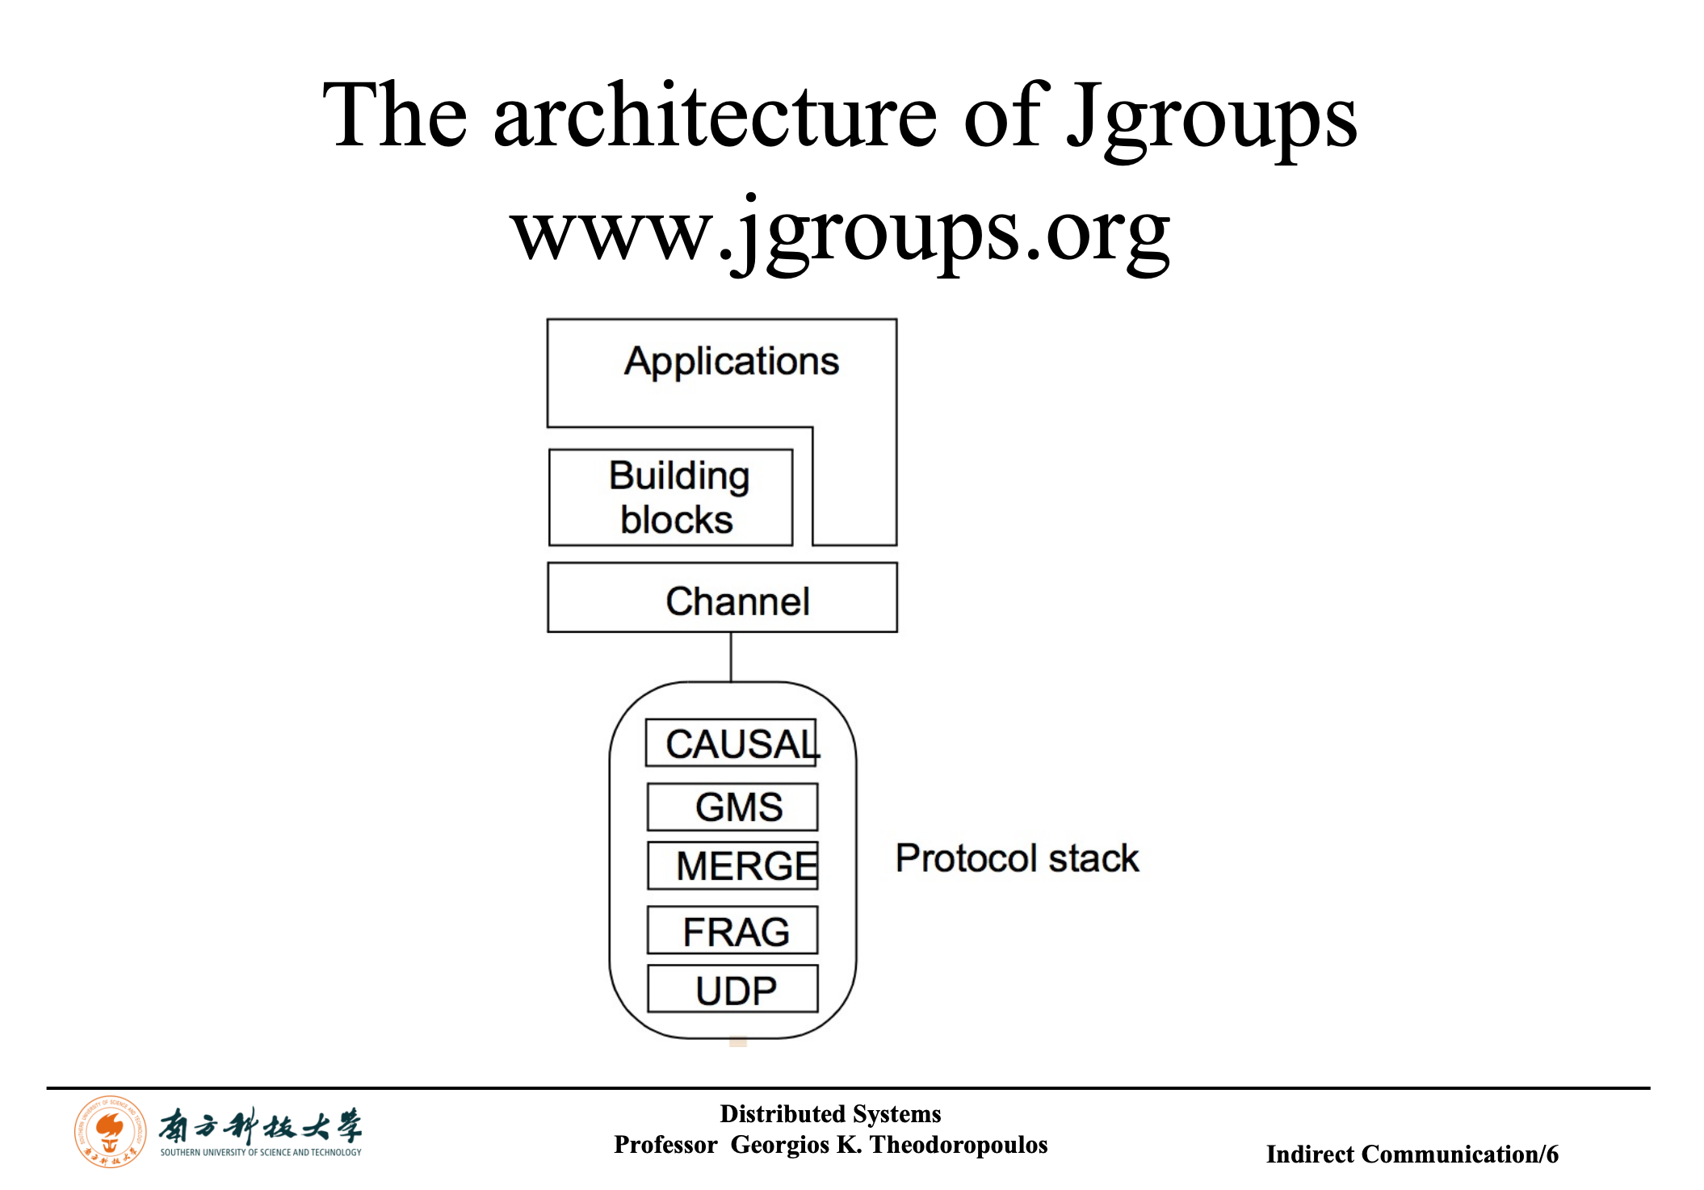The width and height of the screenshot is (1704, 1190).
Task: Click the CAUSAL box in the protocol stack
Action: coord(731,743)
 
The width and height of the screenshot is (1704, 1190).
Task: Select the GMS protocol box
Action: coord(732,807)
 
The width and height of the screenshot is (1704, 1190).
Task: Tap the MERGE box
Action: coord(732,865)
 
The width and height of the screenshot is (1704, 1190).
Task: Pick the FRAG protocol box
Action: coord(732,930)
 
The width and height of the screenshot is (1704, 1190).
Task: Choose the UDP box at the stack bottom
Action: coord(732,988)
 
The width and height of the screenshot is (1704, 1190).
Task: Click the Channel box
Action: coord(722,597)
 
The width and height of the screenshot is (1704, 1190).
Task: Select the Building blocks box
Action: coord(670,497)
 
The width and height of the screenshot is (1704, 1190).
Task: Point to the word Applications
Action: coord(732,361)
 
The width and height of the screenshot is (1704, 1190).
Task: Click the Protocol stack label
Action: coord(1017,858)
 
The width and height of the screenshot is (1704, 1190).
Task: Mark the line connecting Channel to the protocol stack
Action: coord(731,657)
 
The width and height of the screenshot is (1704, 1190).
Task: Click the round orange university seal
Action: coord(111,1131)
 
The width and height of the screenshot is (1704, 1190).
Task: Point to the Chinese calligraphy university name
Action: coord(260,1125)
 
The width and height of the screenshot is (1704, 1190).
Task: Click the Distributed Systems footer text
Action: coord(830,1114)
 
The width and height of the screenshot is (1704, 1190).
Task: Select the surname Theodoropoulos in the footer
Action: coord(959,1145)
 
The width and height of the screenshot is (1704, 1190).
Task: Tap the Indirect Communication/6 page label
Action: coord(1412,1154)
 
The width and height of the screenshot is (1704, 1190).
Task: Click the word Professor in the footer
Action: coord(665,1145)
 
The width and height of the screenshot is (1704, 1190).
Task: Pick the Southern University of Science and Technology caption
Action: coord(261,1152)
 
